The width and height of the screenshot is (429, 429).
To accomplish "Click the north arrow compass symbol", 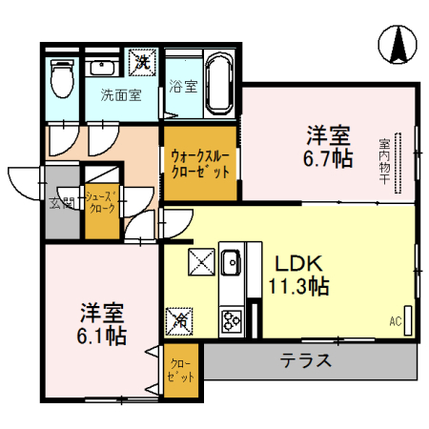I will [398, 44].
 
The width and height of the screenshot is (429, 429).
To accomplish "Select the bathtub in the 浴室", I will [216, 82].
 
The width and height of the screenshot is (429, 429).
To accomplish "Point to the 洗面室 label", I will [121, 95].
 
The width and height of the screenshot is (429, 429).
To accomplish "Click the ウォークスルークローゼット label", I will [199, 162].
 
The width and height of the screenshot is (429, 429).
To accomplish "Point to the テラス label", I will [305, 361].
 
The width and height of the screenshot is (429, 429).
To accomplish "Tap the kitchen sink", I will [232, 259].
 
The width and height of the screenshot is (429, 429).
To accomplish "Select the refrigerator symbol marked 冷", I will [178, 320].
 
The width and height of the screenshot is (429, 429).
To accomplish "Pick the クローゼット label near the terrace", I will [180, 370].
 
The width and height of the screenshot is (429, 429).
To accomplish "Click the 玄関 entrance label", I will [57, 201].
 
